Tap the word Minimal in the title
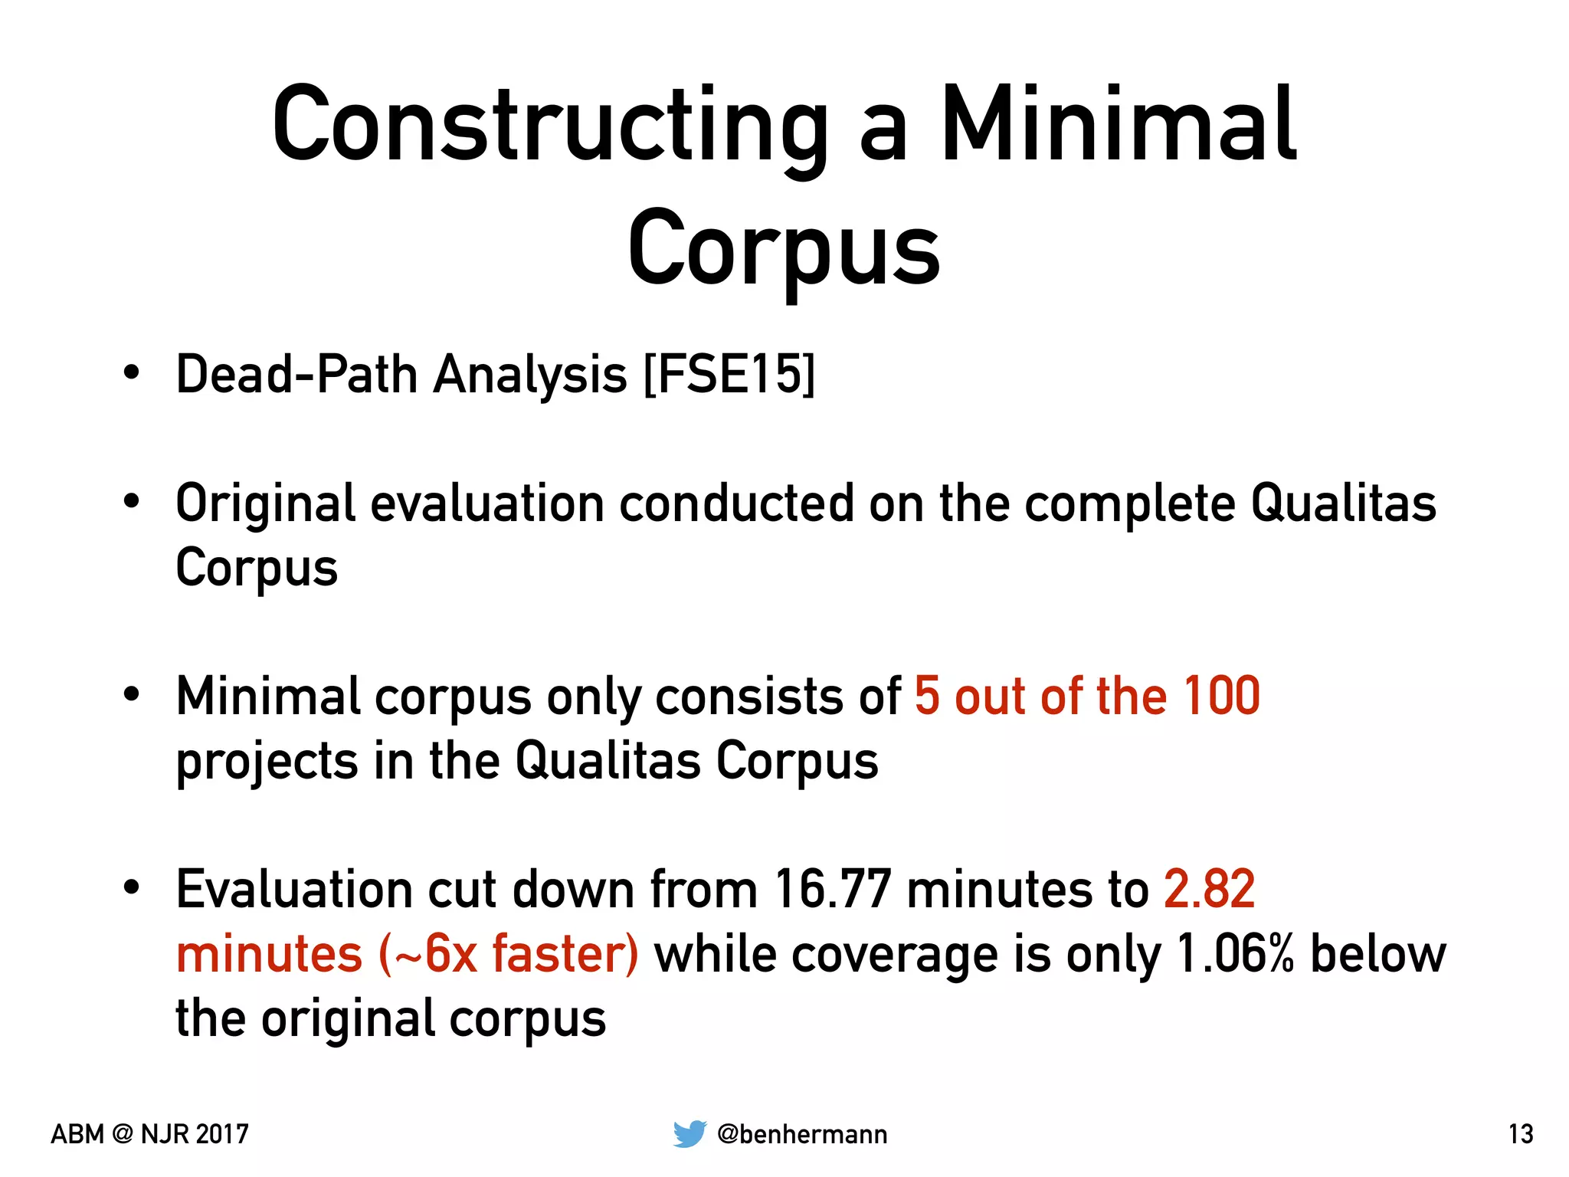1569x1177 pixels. pos(1118,126)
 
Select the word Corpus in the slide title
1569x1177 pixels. pos(784,249)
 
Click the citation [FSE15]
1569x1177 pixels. pos(729,375)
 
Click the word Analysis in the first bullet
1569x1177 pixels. pos(530,375)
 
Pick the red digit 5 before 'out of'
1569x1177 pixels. pos(927,696)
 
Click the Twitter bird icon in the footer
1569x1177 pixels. pos(690,1134)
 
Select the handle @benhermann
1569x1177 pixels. pos(802,1134)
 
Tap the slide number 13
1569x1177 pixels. pos(1521,1134)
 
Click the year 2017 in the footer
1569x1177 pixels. pos(222,1134)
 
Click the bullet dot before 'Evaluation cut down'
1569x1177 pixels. pos(132,887)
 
